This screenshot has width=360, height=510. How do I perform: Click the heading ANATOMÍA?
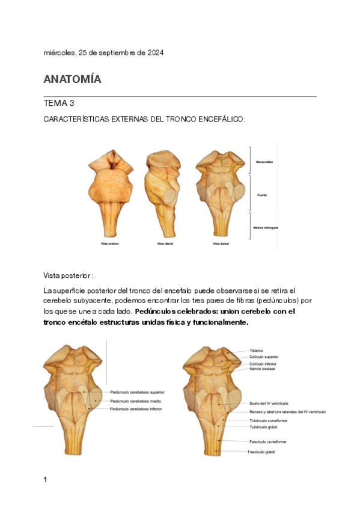72,79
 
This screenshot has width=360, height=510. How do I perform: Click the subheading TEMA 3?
58,103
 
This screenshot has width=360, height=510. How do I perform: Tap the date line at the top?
104,53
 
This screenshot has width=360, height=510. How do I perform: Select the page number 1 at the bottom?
46,479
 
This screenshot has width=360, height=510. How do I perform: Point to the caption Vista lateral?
163,244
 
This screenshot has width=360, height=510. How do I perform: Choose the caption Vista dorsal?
219,244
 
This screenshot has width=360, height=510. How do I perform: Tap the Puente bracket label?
261,195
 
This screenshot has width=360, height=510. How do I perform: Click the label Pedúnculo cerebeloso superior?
137,392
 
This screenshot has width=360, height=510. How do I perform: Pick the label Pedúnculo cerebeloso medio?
136,401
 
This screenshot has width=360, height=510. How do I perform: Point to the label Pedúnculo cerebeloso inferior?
136,409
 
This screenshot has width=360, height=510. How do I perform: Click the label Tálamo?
256,350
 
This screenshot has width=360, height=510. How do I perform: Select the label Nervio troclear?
263,369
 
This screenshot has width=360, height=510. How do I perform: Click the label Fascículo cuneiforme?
267,442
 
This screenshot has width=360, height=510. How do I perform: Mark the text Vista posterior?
69,275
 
